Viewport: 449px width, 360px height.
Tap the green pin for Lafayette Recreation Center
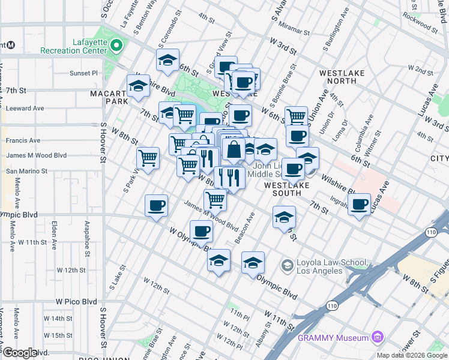click(x=116, y=46)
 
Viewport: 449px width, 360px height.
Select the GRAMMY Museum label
click(x=333, y=338)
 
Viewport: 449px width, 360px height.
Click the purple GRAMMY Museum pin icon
click(x=376, y=337)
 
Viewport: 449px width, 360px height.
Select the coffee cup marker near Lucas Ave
click(x=360, y=204)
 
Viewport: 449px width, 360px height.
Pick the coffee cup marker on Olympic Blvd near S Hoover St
click(x=157, y=205)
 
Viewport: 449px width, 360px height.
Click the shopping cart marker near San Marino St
click(x=148, y=158)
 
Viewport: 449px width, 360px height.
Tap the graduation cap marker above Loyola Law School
click(x=285, y=217)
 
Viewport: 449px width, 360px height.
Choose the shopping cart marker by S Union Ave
click(x=296, y=116)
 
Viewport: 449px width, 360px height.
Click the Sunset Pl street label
click(x=83, y=73)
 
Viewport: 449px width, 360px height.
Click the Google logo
click(x=20, y=353)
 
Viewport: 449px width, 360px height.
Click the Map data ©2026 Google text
click(x=411, y=355)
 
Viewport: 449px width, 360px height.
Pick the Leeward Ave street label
click(x=25, y=109)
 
